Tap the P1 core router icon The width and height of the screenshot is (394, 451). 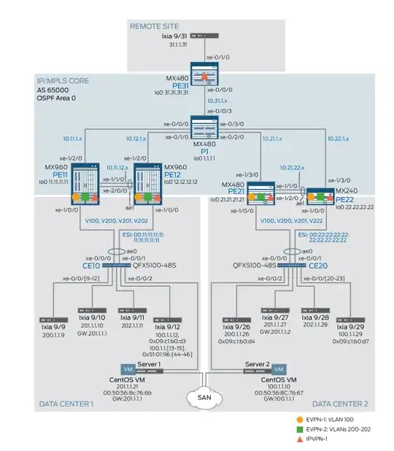pyautogui.click(x=210, y=126)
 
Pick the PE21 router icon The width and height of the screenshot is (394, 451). pyautogui.click(x=261, y=195)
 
